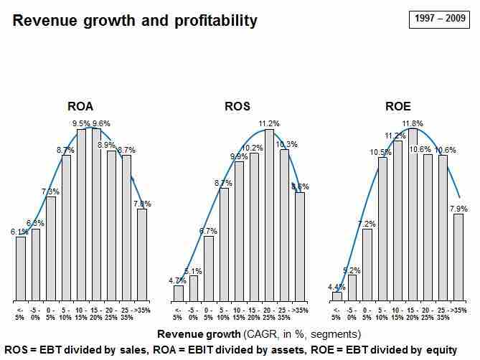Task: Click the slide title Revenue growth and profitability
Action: pos(135,21)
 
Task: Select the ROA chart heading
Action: pos(80,108)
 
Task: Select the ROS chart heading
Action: pos(237,108)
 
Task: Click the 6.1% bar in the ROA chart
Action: pos(21,268)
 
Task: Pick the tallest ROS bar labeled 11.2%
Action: pos(270,215)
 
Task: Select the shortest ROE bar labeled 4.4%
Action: pos(337,296)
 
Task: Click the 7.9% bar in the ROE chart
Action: pos(458,257)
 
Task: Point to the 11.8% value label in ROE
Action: pos(413,123)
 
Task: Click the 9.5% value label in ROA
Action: pos(82,123)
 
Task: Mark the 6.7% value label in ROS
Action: pos(208,231)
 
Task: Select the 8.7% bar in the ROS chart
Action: pos(224,244)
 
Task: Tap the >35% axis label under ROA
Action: pos(142,310)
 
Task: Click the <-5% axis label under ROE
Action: pos(336,313)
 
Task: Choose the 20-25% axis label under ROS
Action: pos(270,313)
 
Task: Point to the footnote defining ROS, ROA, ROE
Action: pos(230,349)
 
